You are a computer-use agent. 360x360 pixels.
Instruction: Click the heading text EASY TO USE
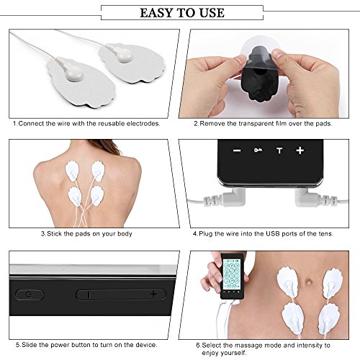click(182, 13)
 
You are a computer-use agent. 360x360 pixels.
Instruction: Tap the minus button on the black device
click(237, 150)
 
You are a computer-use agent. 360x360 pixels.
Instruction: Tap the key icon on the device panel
click(258, 150)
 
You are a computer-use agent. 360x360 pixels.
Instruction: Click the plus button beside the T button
click(300, 150)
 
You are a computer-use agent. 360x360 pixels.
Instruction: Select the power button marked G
click(30, 294)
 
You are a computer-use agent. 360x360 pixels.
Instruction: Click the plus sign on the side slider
click(153, 294)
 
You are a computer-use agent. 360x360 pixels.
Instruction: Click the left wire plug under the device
click(225, 198)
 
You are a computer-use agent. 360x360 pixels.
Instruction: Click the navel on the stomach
click(309, 282)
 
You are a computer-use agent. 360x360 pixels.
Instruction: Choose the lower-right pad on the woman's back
click(97, 196)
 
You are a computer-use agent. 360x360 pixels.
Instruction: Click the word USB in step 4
click(273, 233)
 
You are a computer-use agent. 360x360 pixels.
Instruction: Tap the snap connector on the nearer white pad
click(74, 75)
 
